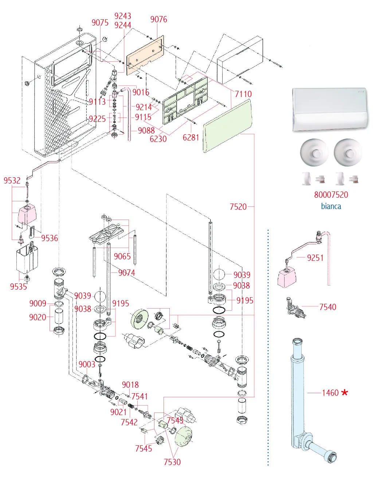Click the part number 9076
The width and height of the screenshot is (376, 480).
pyautogui.click(x=158, y=19)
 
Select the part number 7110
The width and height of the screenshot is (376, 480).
pyautogui.click(x=243, y=94)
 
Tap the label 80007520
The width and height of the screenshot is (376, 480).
pyautogui.click(x=331, y=195)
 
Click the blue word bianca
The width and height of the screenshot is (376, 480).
pyautogui.click(x=331, y=206)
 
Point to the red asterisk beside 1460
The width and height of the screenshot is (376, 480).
pyautogui.click(x=344, y=392)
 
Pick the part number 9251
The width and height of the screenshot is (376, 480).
pyautogui.click(x=315, y=258)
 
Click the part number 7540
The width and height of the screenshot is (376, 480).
pyautogui.click(x=328, y=307)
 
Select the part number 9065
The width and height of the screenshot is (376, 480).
pyautogui.click(x=122, y=256)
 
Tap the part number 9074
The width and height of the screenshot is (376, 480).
pyautogui.click(x=127, y=273)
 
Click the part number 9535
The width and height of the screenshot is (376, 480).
pyautogui.click(x=18, y=287)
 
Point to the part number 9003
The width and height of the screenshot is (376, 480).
pyautogui.click(x=87, y=364)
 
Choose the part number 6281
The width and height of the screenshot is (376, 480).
pyautogui.click(x=191, y=138)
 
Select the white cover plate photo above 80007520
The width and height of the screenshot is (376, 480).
pyautogui.click(x=330, y=109)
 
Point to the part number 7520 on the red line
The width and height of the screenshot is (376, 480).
pyautogui.click(x=238, y=207)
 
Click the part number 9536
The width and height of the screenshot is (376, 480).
pyautogui.click(x=50, y=238)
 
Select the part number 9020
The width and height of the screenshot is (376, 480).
pyautogui.click(x=38, y=317)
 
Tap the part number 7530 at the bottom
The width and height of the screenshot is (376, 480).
pyautogui.click(x=172, y=462)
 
